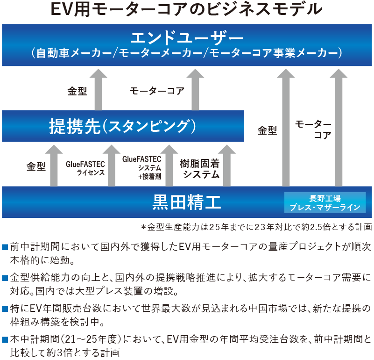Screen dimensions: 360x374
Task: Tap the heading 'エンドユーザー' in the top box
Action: click(x=187, y=37)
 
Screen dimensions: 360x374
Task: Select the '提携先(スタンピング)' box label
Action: click(x=122, y=126)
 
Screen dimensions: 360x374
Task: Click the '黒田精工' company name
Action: click(x=187, y=202)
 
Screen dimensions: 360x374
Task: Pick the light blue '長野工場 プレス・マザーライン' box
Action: click(x=325, y=202)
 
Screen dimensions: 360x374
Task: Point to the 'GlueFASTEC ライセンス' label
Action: click(x=85, y=168)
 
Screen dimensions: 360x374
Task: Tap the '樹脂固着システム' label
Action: click(x=200, y=169)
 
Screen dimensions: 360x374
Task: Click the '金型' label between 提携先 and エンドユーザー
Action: click(x=77, y=91)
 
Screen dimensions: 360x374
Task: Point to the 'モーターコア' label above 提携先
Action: click(x=157, y=91)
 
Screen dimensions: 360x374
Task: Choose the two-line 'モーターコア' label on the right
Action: click(x=313, y=130)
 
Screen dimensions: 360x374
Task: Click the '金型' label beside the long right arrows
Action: click(x=268, y=131)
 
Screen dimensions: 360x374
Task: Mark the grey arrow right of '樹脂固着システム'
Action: click(x=227, y=166)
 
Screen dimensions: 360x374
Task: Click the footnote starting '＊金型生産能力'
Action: click(x=256, y=227)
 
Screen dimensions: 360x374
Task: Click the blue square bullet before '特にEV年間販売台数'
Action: click(x=5, y=309)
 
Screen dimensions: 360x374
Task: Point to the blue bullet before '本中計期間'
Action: click(x=5, y=339)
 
